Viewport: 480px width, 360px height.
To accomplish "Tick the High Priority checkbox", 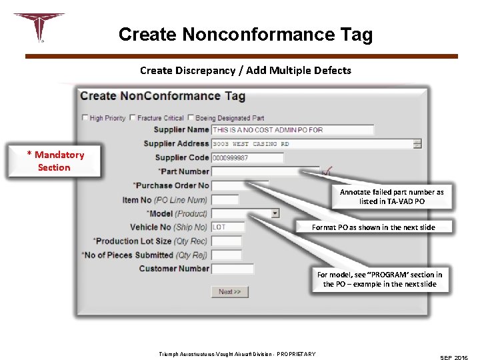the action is point(85,118).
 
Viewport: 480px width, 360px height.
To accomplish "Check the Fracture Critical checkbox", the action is point(133,118).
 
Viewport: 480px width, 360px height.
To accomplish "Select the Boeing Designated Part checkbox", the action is point(191,118).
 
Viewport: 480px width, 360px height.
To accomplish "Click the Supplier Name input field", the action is point(292,130).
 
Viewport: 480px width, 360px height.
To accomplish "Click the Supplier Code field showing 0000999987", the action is point(247,158).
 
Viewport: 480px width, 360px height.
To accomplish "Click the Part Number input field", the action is point(265,172).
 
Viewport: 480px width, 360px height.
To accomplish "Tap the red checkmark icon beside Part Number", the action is point(327,172).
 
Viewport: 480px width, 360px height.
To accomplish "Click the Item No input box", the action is point(225,200).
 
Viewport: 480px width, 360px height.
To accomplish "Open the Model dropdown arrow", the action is point(275,213).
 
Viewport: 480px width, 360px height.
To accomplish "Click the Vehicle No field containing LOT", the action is point(227,227).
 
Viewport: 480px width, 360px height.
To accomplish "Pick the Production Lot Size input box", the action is point(226,241).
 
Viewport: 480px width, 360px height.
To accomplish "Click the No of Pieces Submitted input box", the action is point(226,255).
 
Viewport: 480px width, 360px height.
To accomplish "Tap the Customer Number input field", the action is point(232,269).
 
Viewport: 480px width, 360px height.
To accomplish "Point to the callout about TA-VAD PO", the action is point(391,196).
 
